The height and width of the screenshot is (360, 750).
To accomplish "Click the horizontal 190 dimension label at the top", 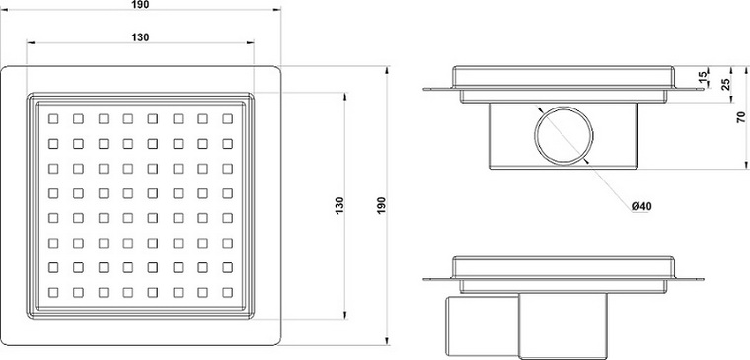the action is [140, 4].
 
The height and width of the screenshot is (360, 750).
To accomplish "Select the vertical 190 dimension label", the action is [381, 205].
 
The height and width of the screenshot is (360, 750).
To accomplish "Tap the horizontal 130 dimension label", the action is [140, 37].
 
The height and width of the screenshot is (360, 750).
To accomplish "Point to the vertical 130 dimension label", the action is [339, 205].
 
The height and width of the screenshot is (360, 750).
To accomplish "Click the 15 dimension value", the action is [703, 77].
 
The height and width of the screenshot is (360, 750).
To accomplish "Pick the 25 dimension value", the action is [726, 84].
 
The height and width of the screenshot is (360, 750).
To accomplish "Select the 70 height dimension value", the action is [741, 117].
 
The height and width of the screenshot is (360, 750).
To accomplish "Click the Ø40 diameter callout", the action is [641, 206].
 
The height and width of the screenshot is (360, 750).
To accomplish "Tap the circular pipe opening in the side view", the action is [563, 135].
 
